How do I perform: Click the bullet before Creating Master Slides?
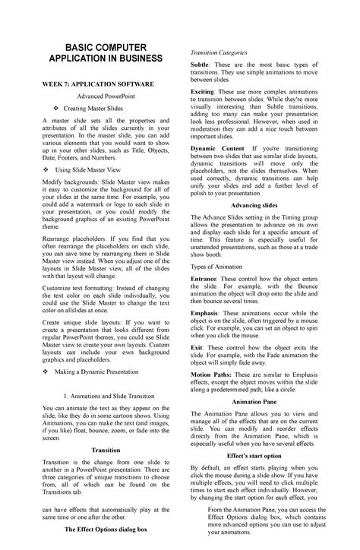click(47, 113)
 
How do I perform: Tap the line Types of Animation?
click(220, 267)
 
